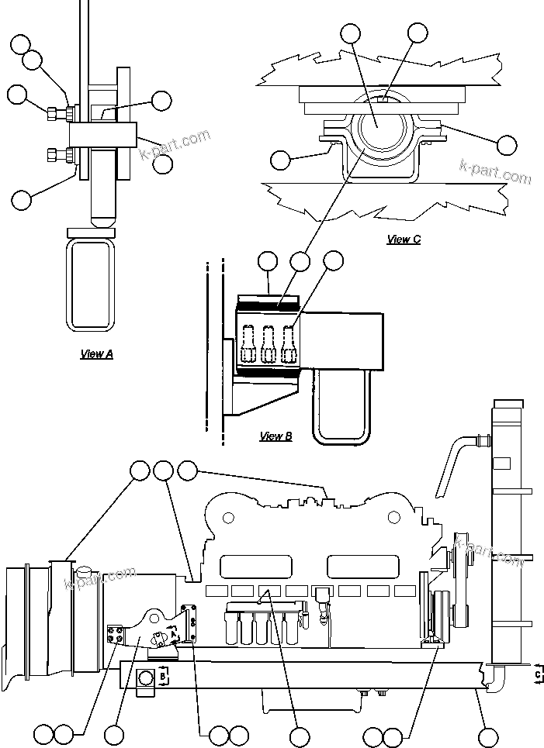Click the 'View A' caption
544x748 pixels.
97,354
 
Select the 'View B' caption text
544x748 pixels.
275,436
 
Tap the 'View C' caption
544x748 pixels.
404,240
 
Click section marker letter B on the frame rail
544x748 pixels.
163,675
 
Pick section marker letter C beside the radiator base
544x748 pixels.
537,674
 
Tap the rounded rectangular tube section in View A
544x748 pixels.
90,284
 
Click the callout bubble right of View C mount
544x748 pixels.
506,144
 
